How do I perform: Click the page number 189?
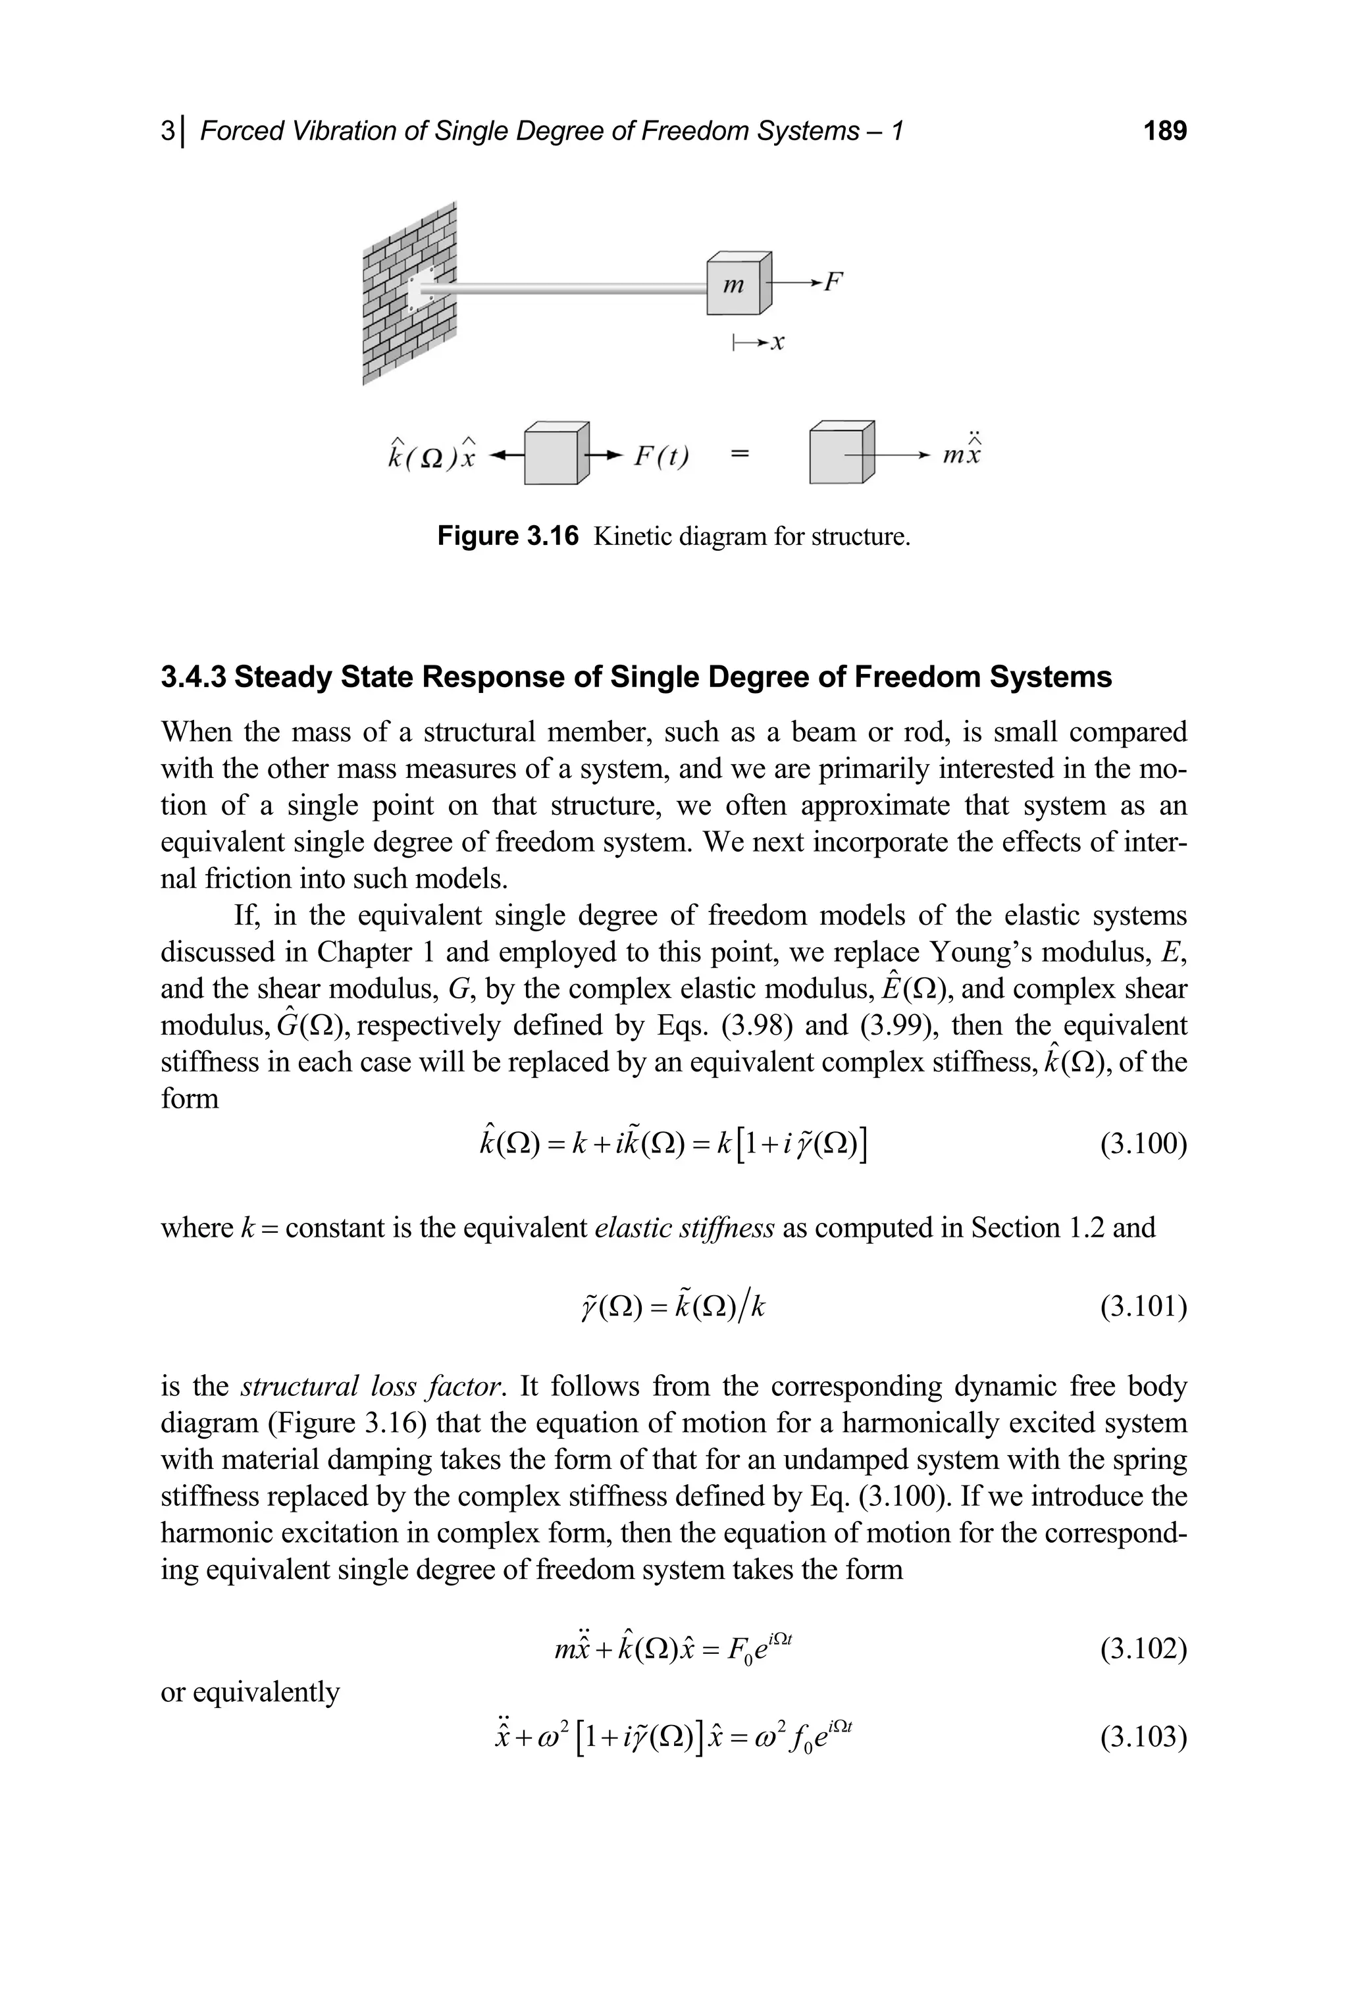point(1165,131)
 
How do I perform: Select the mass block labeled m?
point(737,286)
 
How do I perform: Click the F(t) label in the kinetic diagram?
point(661,455)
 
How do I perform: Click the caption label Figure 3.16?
point(508,536)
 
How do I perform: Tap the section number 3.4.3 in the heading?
point(194,677)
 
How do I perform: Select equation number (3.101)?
point(1143,1306)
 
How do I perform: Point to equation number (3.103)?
point(1143,1736)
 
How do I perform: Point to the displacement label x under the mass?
point(777,344)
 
